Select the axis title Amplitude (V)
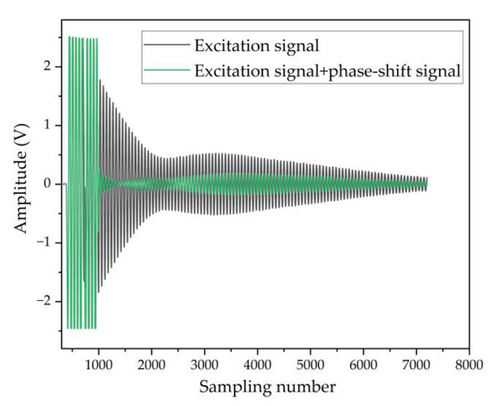pos(20,183)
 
